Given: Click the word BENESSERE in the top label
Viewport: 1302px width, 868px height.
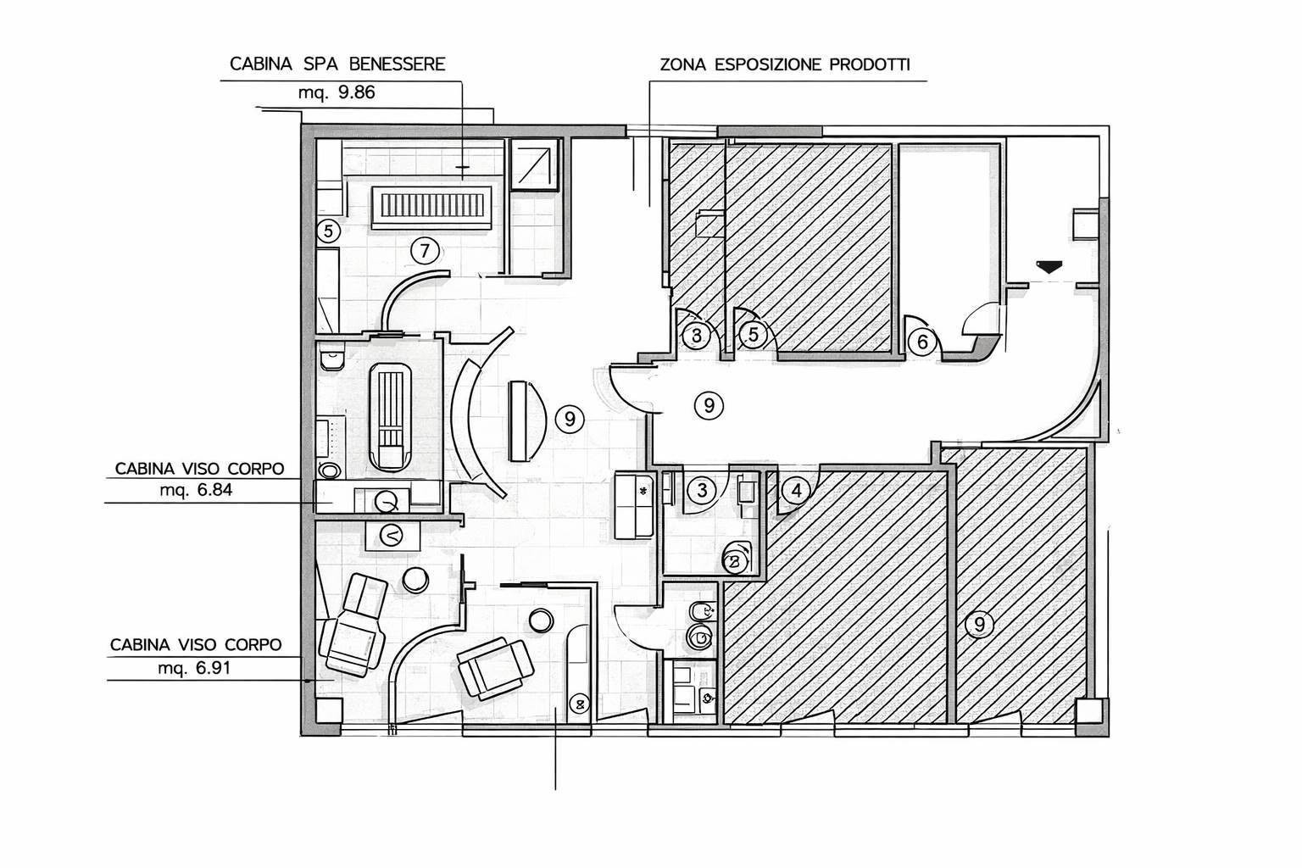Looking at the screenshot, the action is tap(397, 64).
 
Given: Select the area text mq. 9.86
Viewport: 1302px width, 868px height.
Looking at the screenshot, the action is tap(337, 92).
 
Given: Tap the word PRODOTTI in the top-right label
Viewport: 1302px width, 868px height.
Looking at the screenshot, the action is tap(870, 64).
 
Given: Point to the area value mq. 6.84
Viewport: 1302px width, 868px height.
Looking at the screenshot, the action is tap(196, 490).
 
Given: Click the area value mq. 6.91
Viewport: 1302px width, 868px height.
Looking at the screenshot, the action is tap(194, 668).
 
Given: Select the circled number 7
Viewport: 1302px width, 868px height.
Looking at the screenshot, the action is tap(425, 251).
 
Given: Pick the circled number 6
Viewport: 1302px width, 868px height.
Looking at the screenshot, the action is tap(922, 342).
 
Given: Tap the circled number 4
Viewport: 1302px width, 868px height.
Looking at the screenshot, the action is tap(796, 491).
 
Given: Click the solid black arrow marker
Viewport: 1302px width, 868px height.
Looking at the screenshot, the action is tap(1049, 267).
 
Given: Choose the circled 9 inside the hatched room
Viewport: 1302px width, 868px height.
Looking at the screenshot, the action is tap(979, 625).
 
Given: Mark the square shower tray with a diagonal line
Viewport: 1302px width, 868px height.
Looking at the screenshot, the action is tap(534, 166).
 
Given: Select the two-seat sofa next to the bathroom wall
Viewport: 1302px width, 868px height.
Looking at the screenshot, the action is tap(635, 505).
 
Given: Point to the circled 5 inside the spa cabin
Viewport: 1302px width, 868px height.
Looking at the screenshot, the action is tap(328, 231).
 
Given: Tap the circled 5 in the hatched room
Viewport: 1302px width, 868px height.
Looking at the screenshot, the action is tap(754, 335).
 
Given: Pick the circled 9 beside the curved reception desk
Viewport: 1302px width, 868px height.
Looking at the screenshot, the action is tap(570, 419).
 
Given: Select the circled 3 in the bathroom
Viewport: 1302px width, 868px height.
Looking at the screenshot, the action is tap(702, 491).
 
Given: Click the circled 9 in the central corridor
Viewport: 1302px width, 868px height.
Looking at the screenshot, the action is tap(709, 405).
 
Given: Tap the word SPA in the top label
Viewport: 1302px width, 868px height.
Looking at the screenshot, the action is tap(320, 64).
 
